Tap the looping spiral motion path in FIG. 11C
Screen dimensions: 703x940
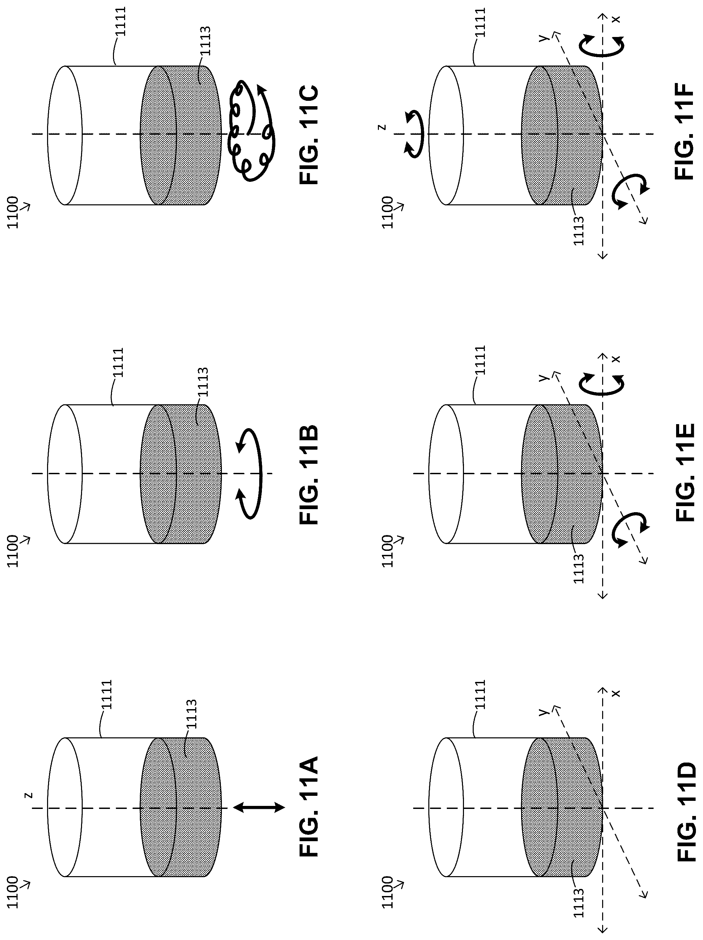tap(251, 130)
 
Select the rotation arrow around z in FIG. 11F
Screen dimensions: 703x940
tap(414, 133)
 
